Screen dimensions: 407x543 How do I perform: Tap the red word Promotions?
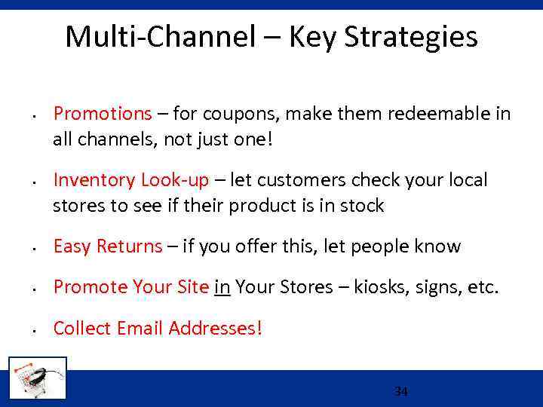pos(103,114)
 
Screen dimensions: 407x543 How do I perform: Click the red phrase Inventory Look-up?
pos(130,180)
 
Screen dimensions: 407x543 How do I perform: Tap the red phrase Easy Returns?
pos(108,246)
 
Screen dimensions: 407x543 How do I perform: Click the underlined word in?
pos(222,287)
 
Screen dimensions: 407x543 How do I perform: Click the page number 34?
pos(401,392)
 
